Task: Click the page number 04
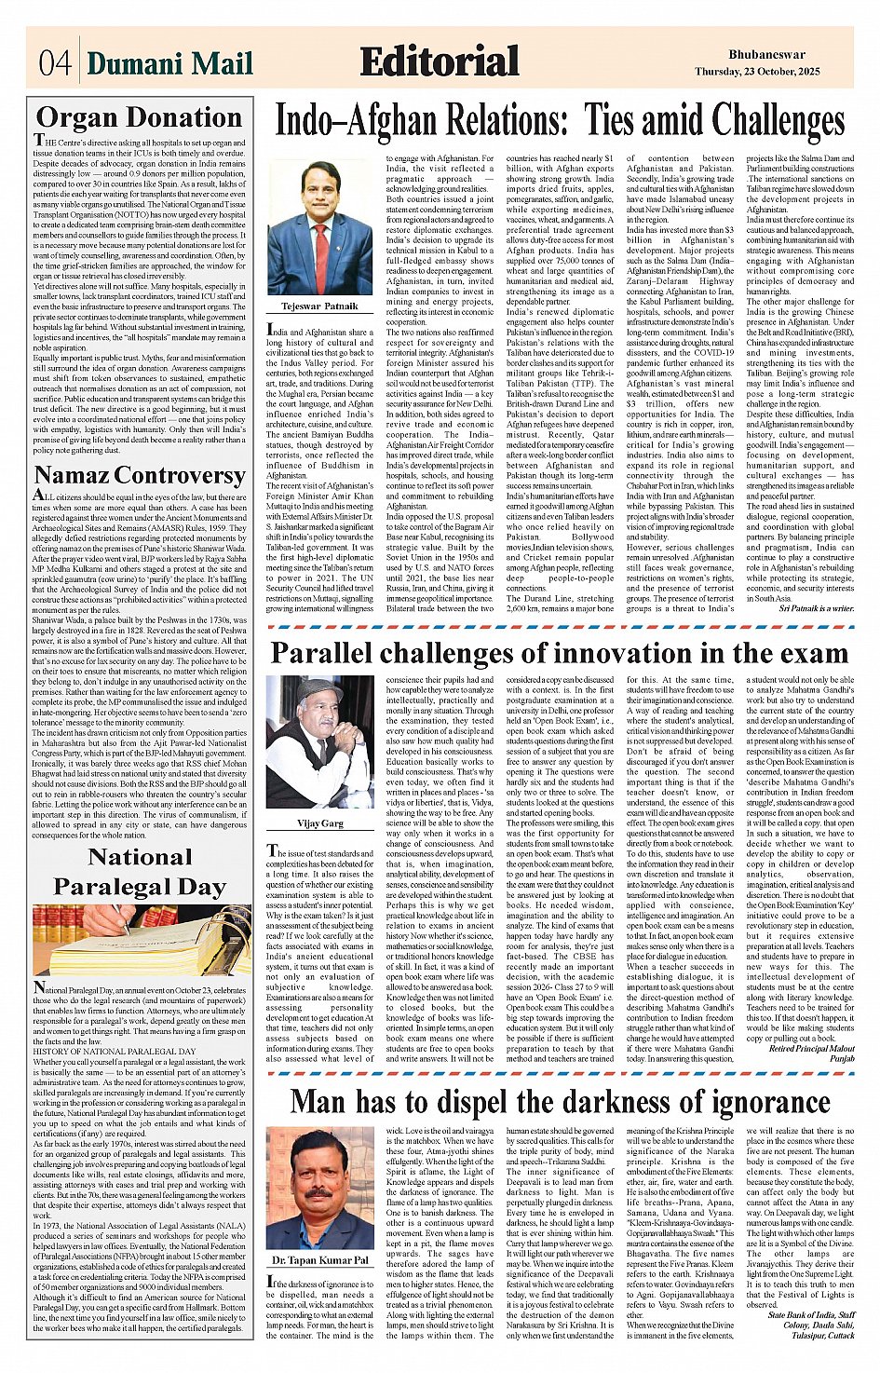click(x=54, y=62)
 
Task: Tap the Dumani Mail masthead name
click(x=169, y=63)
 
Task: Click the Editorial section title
click(x=439, y=61)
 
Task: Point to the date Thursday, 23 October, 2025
click(x=756, y=72)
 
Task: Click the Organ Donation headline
click(x=139, y=117)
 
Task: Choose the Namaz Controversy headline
click(x=139, y=475)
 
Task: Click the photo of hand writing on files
click(x=141, y=940)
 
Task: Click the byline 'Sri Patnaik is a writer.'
click(x=816, y=608)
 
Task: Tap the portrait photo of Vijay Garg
click(x=319, y=742)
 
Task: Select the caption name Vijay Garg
click(x=319, y=823)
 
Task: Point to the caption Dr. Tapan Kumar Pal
click(x=319, y=1260)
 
